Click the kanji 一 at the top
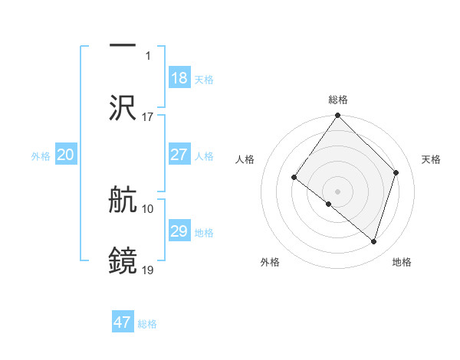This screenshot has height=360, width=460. (x=123, y=45)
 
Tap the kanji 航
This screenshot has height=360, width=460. (x=123, y=200)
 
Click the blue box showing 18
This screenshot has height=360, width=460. (x=179, y=78)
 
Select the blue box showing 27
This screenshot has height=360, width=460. (x=179, y=155)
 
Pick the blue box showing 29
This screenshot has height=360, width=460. (x=179, y=231)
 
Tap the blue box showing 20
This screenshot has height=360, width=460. (x=66, y=155)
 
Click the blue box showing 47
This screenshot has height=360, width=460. (x=123, y=322)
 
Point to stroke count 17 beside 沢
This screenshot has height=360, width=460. (x=148, y=117)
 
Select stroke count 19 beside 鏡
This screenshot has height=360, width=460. (x=148, y=270)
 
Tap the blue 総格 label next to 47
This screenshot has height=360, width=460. (x=148, y=324)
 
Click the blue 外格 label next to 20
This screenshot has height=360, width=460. (x=41, y=156)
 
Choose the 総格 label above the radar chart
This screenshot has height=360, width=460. (x=338, y=100)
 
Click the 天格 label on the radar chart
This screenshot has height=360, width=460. (x=431, y=159)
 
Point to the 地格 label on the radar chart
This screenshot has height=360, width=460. (x=402, y=262)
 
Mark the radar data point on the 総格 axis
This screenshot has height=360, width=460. (x=338, y=116)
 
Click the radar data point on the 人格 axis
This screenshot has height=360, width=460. (x=294, y=178)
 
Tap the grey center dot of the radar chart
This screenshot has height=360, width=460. (x=338, y=191)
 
